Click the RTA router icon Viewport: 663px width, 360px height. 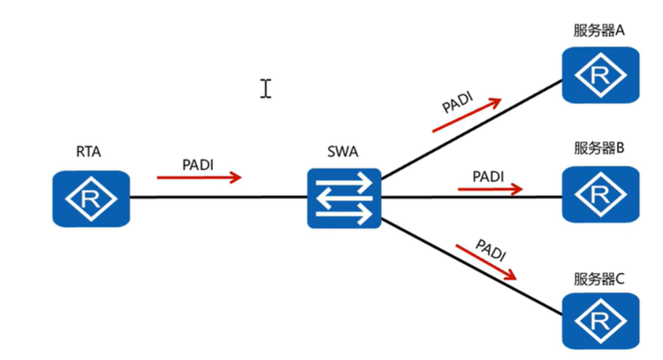tap(91, 198)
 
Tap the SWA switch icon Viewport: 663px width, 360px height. tap(344, 198)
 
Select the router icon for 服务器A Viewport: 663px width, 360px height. tap(601, 75)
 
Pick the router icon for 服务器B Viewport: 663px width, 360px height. tap(601, 194)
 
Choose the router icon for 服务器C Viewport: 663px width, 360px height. tap(601, 321)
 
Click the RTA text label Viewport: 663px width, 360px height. tap(89, 152)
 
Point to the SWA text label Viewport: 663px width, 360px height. tap(343, 152)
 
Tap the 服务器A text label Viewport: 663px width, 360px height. tap(599, 30)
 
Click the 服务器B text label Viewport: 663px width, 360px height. tap(599, 148)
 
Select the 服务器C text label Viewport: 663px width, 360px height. tap(599, 279)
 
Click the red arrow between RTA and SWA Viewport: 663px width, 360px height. tap(199, 177)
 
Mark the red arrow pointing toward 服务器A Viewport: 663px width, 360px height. tap(467, 115)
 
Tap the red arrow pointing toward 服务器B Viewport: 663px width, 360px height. tap(490, 189)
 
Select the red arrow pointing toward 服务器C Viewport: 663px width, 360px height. tap(486, 262)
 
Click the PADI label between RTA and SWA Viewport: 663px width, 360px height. tap(198, 165)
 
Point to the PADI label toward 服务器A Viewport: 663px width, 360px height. tap(457, 102)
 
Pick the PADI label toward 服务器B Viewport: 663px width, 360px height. tap(488, 176)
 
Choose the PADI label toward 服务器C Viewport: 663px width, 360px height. tap(491, 250)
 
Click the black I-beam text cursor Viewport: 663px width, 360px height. tap(266, 89)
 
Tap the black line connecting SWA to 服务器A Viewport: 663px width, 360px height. tap(471, 129)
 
